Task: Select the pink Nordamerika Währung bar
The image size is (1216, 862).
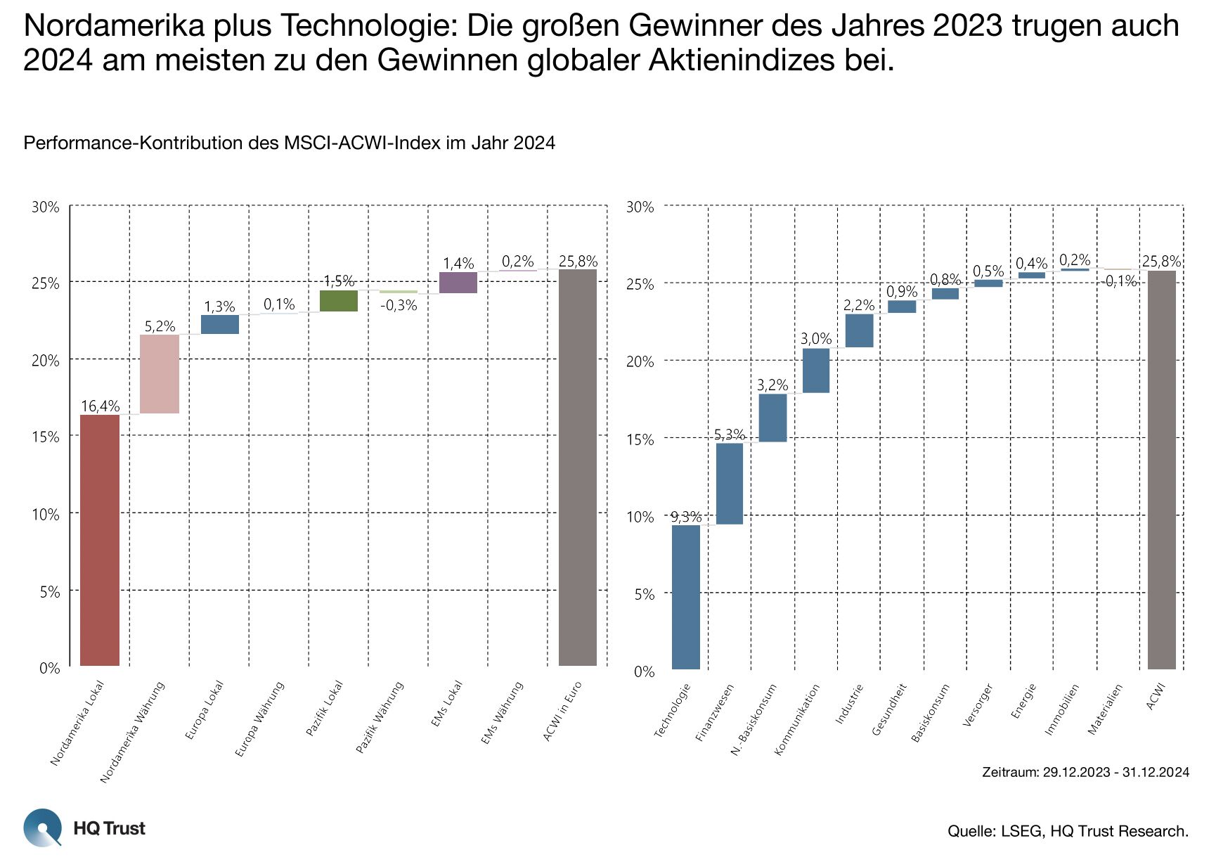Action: pos(160,374)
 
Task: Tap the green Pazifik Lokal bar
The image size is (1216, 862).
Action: pos(339,301)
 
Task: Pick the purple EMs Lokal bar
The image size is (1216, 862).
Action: pos(458,283)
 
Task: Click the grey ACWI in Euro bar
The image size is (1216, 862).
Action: pos(578,468)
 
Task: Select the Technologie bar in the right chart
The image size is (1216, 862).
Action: pos(686,597)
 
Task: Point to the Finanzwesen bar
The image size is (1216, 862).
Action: pos(730,484)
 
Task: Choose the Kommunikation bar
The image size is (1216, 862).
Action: pos(816,371)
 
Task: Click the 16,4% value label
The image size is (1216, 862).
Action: pos(101,406)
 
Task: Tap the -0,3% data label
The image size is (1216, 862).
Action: pos(399,306)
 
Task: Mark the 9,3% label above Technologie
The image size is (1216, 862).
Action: pos(686,517)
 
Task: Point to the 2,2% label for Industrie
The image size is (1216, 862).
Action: pos(859,305)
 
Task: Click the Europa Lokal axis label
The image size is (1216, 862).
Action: pos(205,710)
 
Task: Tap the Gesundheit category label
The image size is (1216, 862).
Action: pos(889,710)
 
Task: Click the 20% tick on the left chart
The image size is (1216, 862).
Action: pos(46,361)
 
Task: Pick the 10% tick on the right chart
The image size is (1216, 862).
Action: pos(640,517)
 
